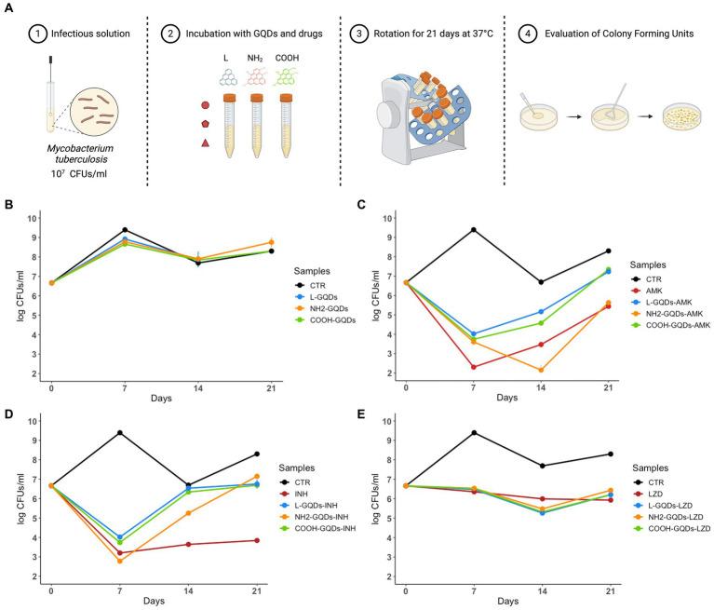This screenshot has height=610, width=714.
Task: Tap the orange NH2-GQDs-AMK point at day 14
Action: point(541,370)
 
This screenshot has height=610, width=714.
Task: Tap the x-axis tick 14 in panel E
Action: point(541,592)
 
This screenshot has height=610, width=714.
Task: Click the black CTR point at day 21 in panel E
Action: point(608,454)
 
